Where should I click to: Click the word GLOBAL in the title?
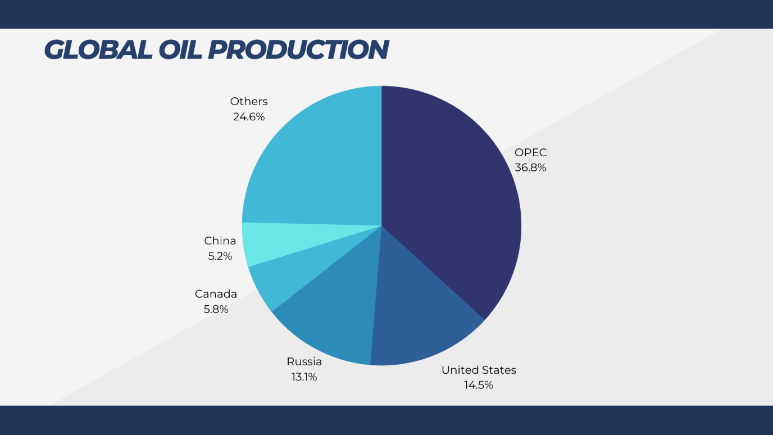pos(98,49)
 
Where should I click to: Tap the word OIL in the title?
pos(180,49)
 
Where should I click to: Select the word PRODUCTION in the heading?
pos(298,49)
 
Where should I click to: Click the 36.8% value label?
pos(530,168)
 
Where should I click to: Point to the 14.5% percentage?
pos(478,386)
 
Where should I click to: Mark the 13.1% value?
pos(304,377)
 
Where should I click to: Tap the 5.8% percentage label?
pos(216,309)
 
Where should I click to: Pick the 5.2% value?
pos(220,256)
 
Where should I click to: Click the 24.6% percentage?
pos(249,117)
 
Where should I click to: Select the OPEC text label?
pos(530,152)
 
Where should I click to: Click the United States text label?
pos(479,370)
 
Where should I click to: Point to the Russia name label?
pos(304,361)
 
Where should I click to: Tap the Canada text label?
pos(216,294)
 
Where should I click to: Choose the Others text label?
pos(249,101)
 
